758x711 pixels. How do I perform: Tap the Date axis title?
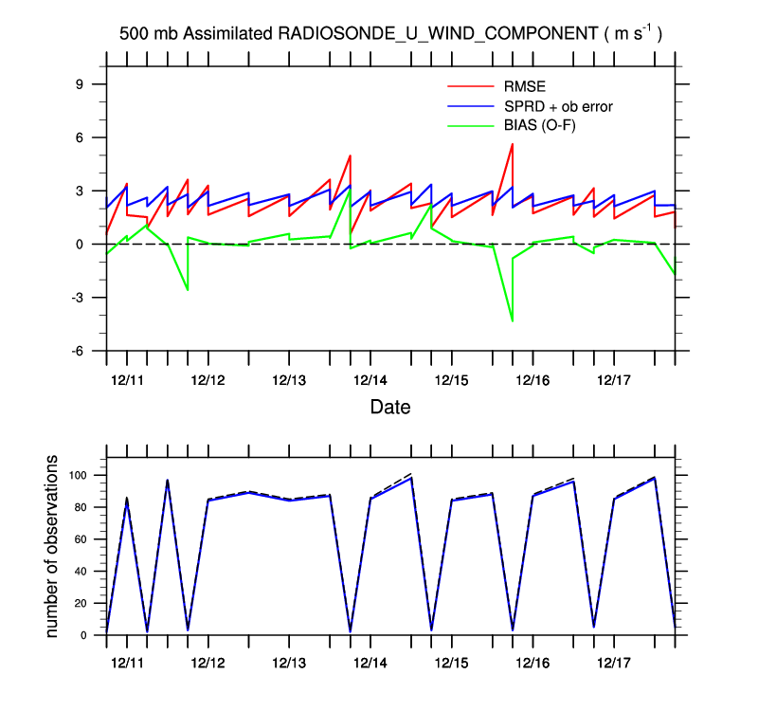tap(390, 408)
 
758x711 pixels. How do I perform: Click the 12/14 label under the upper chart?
tap(370, 380)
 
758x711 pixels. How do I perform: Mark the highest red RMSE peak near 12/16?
tap(513, 144)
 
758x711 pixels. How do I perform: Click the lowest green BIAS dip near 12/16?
tap(513, 321)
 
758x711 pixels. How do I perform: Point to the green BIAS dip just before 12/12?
tap(188, 290)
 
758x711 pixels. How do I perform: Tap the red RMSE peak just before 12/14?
tap(351, 155)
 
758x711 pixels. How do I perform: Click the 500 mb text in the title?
tap(148, 34)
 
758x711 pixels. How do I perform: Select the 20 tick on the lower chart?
tap(81, 604)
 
